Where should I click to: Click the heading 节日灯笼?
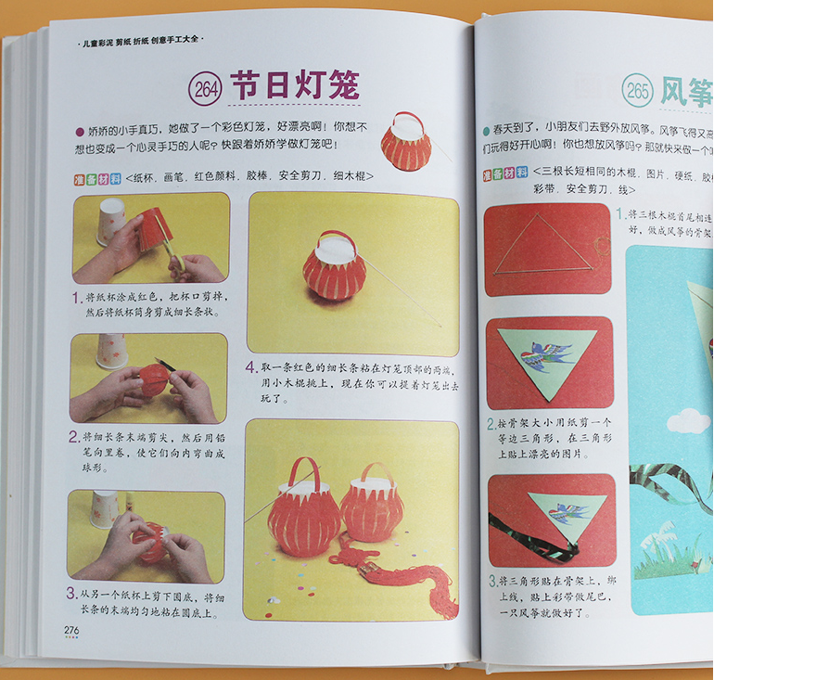(x=294, y=86)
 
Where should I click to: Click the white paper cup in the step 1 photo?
(x=110, y=221)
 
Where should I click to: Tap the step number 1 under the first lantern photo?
(x=75, y=299)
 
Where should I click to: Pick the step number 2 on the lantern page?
(x=74, y=436)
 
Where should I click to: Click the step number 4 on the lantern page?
(x=250, y=366)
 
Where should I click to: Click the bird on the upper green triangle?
(x=547, y=354)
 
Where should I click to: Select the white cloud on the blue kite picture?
(x=688, y=421)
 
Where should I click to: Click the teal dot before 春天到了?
(x=487, y=131)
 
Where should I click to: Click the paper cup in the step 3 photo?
(x=104, y=508)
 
